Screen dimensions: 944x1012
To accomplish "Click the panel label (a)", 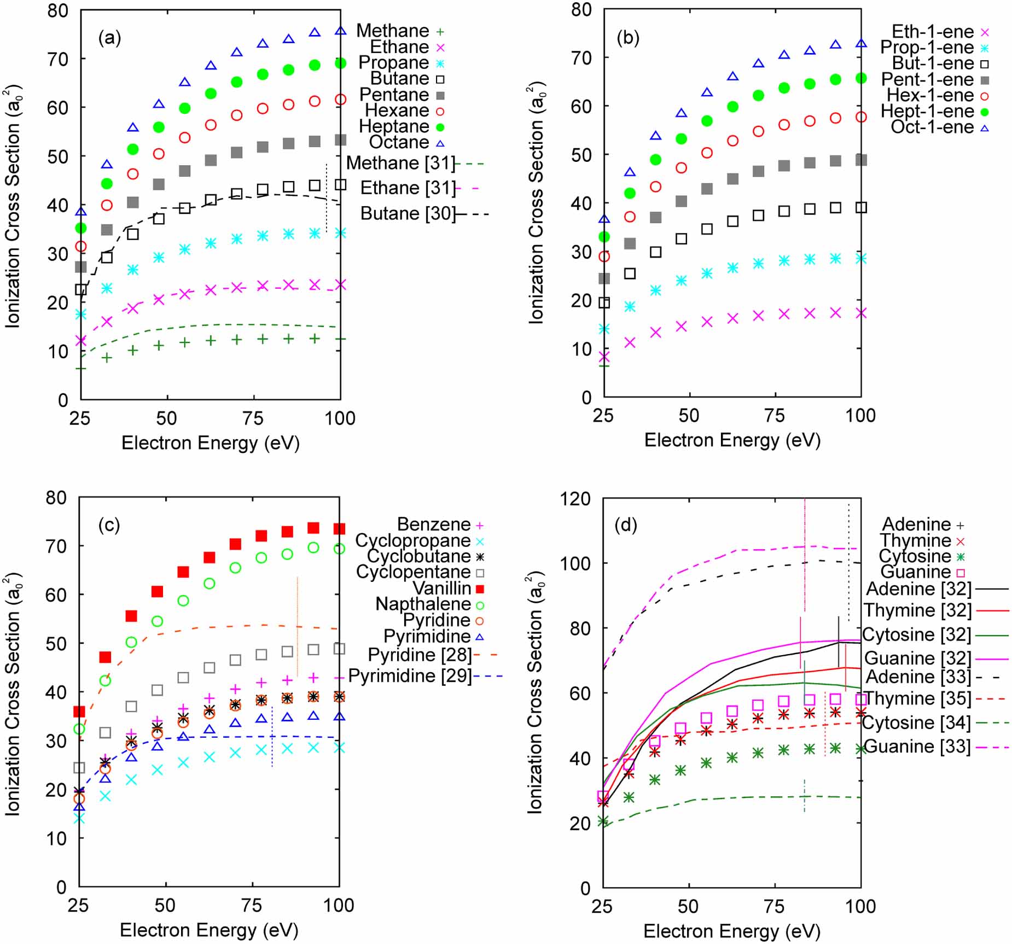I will tap(109, 38).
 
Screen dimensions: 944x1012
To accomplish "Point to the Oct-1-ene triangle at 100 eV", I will tap(861, 43).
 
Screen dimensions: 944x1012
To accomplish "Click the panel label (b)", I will tap(627, 38).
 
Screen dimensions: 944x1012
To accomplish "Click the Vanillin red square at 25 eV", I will tap(79, 712).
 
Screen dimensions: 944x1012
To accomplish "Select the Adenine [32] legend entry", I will tap(919, 589).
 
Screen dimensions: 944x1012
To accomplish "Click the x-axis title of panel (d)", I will tap(732, 931).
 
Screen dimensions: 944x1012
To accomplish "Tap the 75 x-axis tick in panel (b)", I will tap(775, 416).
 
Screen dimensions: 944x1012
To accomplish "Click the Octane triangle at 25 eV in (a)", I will tap(81, 212).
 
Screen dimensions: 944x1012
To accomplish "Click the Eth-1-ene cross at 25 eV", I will tap(604, 357).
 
